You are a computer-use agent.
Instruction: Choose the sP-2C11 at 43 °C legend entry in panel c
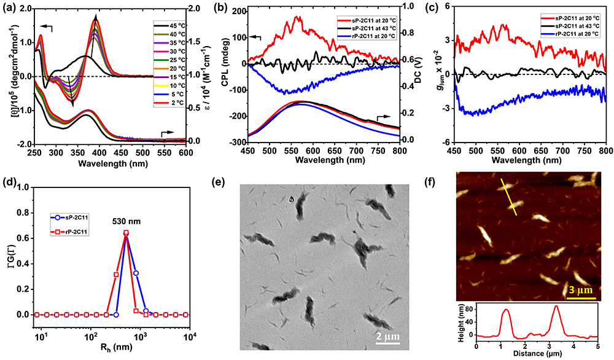570,29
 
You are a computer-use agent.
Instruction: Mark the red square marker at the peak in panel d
126,233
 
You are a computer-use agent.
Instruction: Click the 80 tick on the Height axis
470,310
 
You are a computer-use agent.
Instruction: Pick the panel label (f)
435,182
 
